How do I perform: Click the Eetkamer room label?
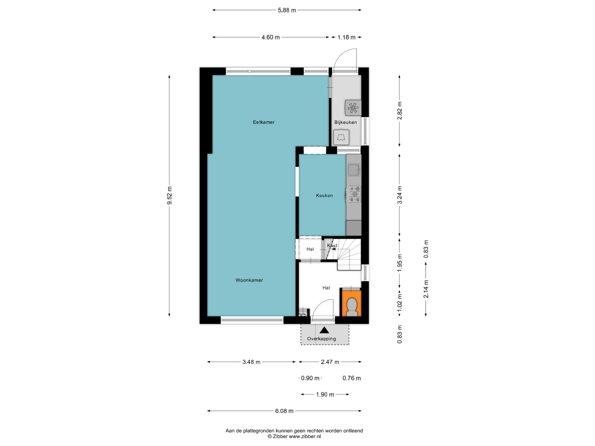coord(264,122)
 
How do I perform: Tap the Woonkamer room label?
coord(249,280)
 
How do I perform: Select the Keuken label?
coord(324,195)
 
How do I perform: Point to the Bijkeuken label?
coord(345,122)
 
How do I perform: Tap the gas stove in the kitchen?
coord(354,194)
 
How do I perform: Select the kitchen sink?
coord(354,170)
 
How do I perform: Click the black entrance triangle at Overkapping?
coord(325,330)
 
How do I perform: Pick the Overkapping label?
coord(321,339)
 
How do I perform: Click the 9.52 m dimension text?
coord(170,196)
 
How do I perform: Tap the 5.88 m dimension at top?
coord(287,10)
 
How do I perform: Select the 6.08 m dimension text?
coord(284,411)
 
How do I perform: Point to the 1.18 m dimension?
coord(346,37)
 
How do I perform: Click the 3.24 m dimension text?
coord(400,195)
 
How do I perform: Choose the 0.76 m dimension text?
coord(352,378)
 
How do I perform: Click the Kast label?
coord(332,245)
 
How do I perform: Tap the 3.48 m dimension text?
coord(251,362)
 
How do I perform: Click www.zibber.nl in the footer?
coord(305,436)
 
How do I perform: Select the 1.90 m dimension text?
coord(325,395)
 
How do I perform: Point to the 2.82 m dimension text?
coord(400,111)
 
